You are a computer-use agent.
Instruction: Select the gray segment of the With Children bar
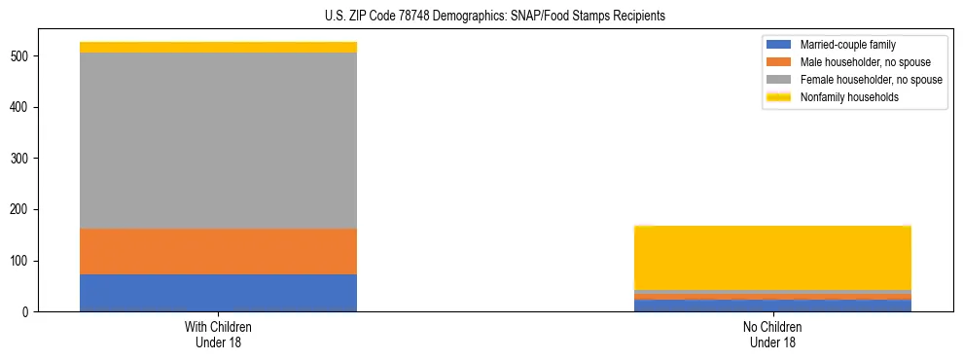(218, 140)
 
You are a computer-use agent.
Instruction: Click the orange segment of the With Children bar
(218, 251)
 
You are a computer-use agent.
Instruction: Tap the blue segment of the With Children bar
(218, 293)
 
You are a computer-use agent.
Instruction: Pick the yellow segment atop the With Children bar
(218, 47)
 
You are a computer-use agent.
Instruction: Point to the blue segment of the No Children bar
(772, 306)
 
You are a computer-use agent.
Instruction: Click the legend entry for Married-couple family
(847, 45)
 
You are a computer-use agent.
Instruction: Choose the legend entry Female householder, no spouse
(871, 80)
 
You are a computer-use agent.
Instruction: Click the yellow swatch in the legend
(779, 97)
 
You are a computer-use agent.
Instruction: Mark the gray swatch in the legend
(779, 80)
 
